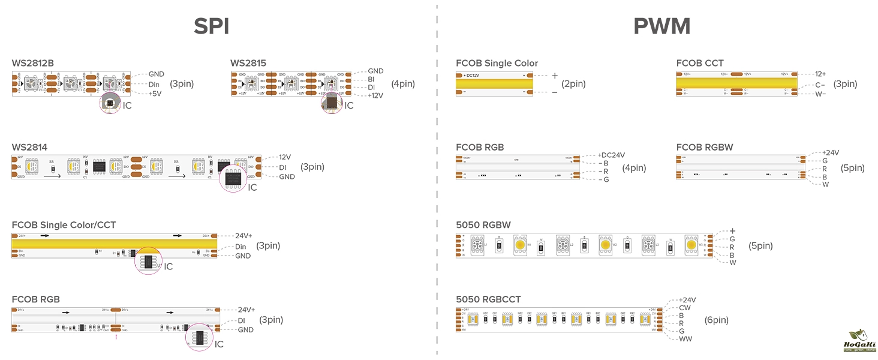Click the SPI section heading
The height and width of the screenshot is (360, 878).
(212, 26)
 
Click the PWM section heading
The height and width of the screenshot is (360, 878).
(661, 26)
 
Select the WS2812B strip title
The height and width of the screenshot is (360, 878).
(33, 63)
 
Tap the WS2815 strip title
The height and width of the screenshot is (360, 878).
(248, 63)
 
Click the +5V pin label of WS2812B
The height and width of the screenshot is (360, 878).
(156, 94)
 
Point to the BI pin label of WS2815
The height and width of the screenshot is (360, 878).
(371, 79)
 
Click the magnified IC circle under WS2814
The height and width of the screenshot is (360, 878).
(233, 178)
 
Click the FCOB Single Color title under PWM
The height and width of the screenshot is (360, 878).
(497, 63)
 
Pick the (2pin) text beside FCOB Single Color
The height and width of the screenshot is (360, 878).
(573, 84)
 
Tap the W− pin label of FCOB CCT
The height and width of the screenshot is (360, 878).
(820, 94)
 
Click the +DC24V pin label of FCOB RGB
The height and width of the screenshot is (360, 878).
(611, 155)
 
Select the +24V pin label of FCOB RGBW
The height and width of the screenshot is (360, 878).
(830, 152)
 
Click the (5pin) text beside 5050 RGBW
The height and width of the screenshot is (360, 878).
(760, 246)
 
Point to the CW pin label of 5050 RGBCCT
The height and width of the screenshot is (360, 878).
(684, 308)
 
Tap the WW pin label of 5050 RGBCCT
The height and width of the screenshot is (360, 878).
(685, 339)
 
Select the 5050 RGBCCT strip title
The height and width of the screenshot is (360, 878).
(488, 299)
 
